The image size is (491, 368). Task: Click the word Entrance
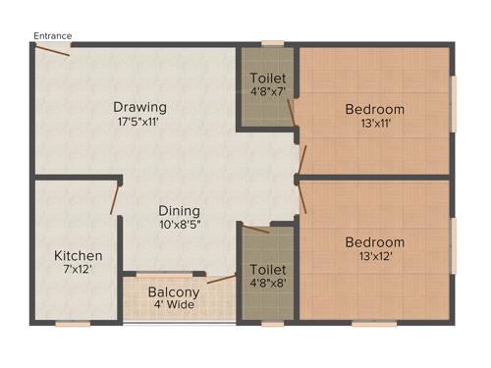pos(52,36)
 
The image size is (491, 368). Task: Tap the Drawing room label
pos(138,107)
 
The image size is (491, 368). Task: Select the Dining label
pos(180,210)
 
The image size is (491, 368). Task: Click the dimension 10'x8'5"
pos(180,225)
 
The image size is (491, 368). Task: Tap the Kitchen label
pos(78,256)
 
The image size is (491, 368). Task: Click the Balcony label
pos(174,291)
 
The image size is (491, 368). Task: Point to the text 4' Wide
pos(174,305)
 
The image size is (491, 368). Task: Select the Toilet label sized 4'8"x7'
pos(267,79)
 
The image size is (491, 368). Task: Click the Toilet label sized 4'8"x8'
pos(267,269)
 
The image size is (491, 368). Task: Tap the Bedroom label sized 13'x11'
pos(374,109)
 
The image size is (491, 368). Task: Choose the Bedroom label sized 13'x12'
pos(374,242)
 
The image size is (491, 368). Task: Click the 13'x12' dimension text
pos(374,257)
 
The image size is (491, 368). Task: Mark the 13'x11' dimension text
pos(374,124)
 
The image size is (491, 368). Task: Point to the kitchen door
pos(114,198)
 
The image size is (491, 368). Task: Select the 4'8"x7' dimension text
pos(267,92)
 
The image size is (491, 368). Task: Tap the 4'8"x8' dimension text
pos(267,283)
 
